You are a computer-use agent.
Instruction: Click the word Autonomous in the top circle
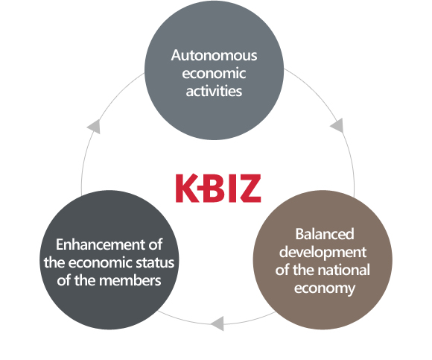pyautogui.click(x=214, y=55)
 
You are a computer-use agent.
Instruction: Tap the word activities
pyautogui.click(x=214, y=91)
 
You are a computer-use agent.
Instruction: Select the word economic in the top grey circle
pyautogui.click(x=214, y=73)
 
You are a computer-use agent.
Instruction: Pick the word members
pyautogui.click(x=130, y=280)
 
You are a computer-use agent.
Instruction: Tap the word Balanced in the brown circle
pyautogui.click(x=325, y=234)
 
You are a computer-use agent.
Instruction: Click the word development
pyautogui.click(x=323, y=253)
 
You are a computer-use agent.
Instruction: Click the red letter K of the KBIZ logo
pyautogui.click(x=188, y=189)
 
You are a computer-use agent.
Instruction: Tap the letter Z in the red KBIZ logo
pyautogui.click(x=250, y=189)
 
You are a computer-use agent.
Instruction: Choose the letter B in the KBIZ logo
pyautogui.click(x=212, y=189)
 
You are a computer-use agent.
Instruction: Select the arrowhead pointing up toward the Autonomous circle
pyautogui.click(x=94, y=127)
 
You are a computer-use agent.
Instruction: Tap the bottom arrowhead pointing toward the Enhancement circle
pyautogui.click(x=217, y=323)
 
